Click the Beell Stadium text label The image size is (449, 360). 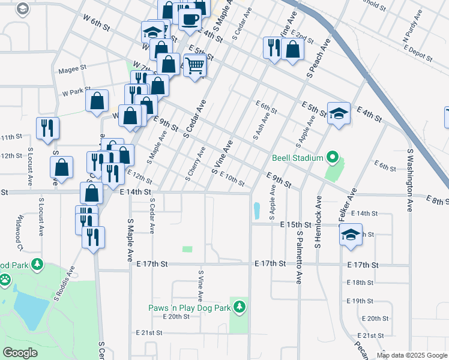[x=297, y=158]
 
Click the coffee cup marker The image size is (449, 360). [x=190, y=18]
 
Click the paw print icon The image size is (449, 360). [x=5, y=279]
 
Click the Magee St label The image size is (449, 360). [x=73, y=70]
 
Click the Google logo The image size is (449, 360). [x=20, y=353]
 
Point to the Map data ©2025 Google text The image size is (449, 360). [x=412, y=355]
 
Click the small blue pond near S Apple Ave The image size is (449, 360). [x=257, y=210]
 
